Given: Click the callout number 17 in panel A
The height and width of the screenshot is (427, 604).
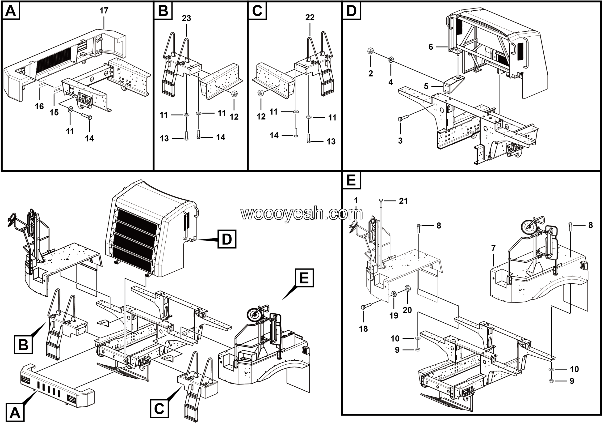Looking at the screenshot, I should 104,11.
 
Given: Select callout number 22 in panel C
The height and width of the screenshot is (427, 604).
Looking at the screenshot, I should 310,18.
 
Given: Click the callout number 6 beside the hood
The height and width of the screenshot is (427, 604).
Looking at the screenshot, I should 431,47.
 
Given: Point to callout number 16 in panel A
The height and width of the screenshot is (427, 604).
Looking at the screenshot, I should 39,106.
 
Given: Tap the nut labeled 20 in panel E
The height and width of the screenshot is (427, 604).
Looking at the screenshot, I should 407,289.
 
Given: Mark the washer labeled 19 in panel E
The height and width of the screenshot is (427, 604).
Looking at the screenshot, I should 394,294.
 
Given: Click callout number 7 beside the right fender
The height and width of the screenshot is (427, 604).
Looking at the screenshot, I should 493,248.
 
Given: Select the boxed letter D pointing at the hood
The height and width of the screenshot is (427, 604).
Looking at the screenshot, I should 227,239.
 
